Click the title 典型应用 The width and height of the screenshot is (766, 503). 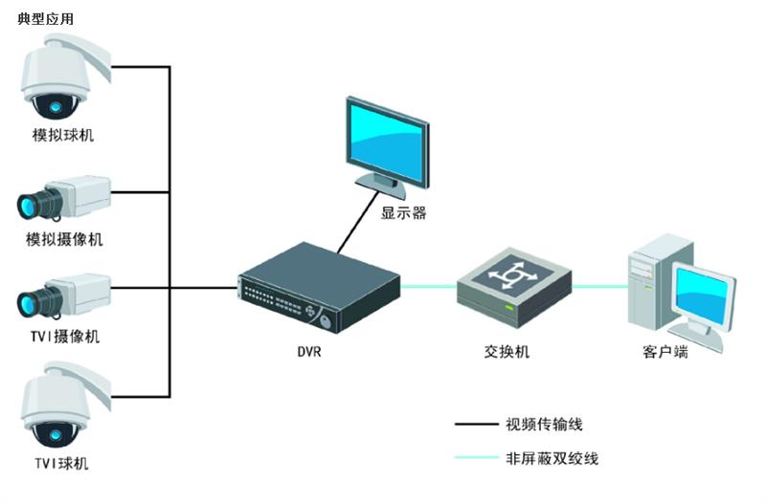[45, 19]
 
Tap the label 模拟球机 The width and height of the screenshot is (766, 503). [63, 135]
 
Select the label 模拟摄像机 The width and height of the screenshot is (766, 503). [64, 239]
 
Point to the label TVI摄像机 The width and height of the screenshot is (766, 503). [65, 337]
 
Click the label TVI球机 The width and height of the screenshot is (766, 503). [62, 463]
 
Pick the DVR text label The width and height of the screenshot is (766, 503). [309, 351]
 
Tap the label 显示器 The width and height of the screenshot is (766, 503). [403, 213]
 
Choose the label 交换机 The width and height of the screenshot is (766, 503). [507, 351]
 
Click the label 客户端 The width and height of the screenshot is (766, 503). [665, 351]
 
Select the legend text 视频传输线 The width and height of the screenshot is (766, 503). [544, 424]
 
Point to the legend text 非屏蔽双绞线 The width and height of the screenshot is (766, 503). [552, 458]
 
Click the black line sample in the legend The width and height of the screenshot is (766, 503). [476, 424]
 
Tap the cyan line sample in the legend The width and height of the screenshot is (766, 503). [476, 458]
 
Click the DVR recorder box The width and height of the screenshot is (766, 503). [319, 287]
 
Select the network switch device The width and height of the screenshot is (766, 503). [514, 287]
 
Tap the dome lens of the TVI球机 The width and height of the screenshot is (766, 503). [55, 434]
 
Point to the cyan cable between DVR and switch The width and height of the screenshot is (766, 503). [429, 287]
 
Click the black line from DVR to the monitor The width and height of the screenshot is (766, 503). [357, 223]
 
